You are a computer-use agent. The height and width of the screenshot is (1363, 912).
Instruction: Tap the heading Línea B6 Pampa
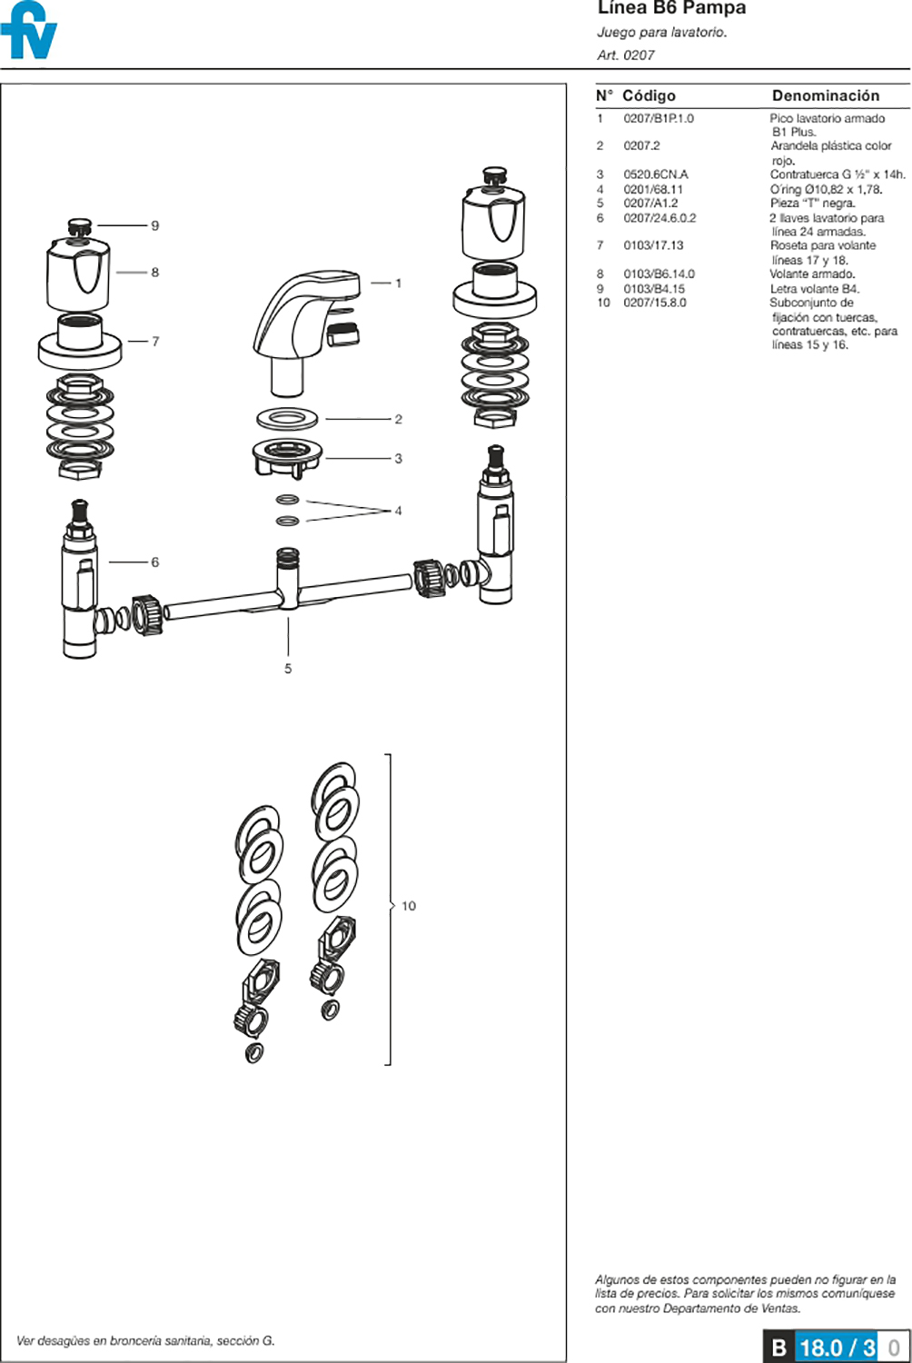coord(671,8)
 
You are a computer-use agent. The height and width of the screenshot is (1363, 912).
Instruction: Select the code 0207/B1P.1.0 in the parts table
coord(658,118)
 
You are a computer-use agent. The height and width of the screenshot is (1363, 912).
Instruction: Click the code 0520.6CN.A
coord(655,174)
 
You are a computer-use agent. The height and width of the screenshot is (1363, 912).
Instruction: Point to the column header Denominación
coord(825,95)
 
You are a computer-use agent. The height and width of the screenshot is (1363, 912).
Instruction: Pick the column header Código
coord(649,95)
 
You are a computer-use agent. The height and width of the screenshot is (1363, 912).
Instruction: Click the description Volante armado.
coord(812,274)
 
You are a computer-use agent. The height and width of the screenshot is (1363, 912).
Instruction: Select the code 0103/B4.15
coord(653,289)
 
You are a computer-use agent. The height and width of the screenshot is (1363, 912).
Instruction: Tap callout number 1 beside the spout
coord(398,284)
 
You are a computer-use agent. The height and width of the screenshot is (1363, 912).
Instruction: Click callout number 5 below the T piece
coord(288,669)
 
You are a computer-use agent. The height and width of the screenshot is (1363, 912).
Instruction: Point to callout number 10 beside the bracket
coord(409,906)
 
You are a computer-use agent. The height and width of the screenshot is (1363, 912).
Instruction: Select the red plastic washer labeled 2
coord(287,419)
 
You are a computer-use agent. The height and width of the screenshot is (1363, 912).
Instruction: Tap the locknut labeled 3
coord(287,455)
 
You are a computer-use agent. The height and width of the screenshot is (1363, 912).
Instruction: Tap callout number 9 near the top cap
coord(155,225)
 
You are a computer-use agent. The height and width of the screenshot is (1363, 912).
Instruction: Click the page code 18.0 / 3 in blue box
coord(837,1347)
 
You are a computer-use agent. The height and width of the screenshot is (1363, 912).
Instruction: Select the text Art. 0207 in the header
coord(625,55)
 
